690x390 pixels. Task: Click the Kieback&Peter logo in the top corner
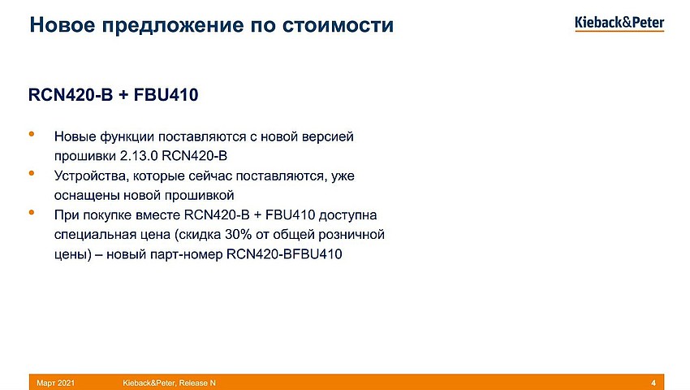click(619, 24)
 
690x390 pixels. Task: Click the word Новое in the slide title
click(62, 24)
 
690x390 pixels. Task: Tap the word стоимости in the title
click(338, 25)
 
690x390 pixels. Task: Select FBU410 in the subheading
click(166, 95)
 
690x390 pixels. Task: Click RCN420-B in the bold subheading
click(71, 95)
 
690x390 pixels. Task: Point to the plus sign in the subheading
click(123, 95)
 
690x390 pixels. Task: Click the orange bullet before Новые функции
click(32, 133)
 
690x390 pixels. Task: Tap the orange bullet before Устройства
click(32, 173)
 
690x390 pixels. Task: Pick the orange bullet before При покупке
click(32, 212)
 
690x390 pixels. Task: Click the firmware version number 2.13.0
click(139, 156)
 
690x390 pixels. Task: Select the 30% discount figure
click(238, 235)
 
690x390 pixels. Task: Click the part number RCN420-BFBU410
click(284, 254)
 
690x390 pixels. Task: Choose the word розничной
click(351, 235)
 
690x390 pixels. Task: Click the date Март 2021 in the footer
click(55, 383)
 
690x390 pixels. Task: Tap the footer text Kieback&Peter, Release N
click(170, 383)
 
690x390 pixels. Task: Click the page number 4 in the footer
click(653, 383)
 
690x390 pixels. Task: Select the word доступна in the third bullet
click(347, 215)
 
